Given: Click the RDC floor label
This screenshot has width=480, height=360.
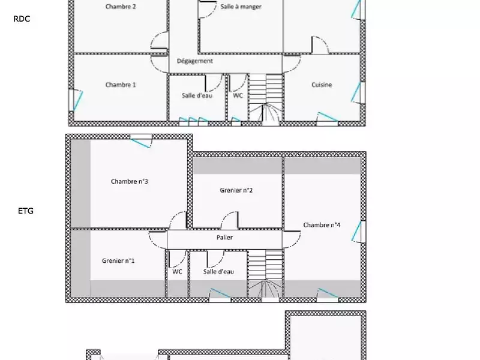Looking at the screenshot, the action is tap(22, 19).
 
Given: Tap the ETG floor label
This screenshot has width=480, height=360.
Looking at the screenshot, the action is tap(26, 211).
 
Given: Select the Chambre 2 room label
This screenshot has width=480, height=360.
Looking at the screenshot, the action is tap(121, 7).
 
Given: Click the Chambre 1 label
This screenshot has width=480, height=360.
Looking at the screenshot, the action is tap(121, 85).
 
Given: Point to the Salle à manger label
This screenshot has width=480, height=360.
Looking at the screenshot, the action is tap(241, 7).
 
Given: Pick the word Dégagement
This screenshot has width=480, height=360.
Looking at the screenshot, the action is tap(194, 61).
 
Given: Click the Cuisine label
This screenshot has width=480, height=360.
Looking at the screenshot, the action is tap(322, 85).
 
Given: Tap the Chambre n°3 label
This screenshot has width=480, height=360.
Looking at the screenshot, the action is tap(130, 182).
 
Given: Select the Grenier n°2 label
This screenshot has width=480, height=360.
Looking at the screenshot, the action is tap(236, 190).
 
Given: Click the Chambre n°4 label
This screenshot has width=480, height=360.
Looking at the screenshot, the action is tap(322, 225).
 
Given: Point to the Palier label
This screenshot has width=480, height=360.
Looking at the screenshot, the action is tap(224, 238).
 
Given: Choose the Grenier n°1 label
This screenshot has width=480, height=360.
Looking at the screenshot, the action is tap(118, 261).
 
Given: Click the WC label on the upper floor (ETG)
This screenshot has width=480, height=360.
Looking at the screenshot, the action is tap(177, 272).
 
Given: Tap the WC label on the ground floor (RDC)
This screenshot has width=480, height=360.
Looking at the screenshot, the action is tap(238, 95).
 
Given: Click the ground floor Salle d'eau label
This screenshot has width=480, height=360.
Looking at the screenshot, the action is tap(197, 95).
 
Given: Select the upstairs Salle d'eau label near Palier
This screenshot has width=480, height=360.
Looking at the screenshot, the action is tap(218, 272).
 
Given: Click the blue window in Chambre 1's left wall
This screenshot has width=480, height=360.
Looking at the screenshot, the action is tap(77, 100).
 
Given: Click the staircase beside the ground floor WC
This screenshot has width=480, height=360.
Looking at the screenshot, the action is tap(266, 99).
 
